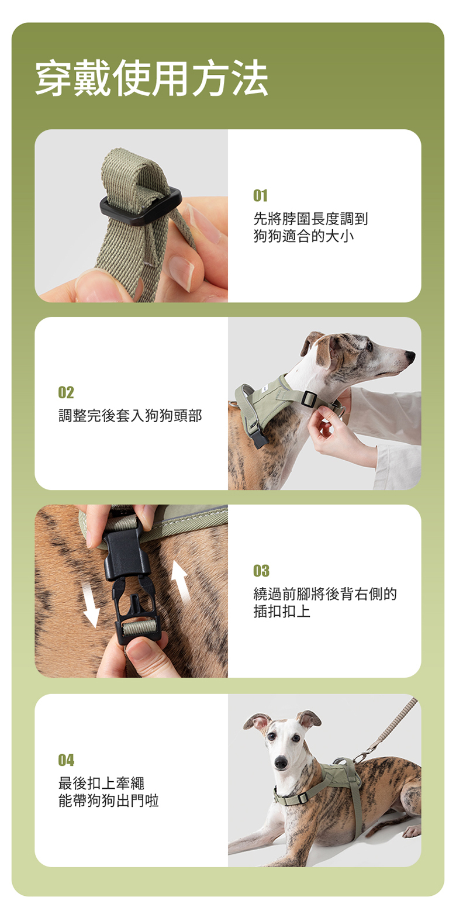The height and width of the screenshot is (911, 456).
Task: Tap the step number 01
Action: (260, 196)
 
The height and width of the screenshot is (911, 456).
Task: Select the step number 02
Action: (66, 392)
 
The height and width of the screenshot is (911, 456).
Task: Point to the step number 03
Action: (261, 571)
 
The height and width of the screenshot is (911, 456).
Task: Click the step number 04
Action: (66, 760)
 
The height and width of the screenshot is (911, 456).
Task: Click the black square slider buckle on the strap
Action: (141, 206)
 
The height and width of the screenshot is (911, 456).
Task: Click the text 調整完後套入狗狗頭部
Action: (130, 416)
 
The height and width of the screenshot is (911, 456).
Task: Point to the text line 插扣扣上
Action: (282, 611)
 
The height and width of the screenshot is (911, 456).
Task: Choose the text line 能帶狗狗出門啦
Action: (109, 800)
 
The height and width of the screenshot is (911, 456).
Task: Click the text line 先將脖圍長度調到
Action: (310, 219)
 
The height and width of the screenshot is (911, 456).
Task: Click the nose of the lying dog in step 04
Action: (281, 762)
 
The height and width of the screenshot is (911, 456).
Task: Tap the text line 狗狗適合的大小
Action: (303, 236)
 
